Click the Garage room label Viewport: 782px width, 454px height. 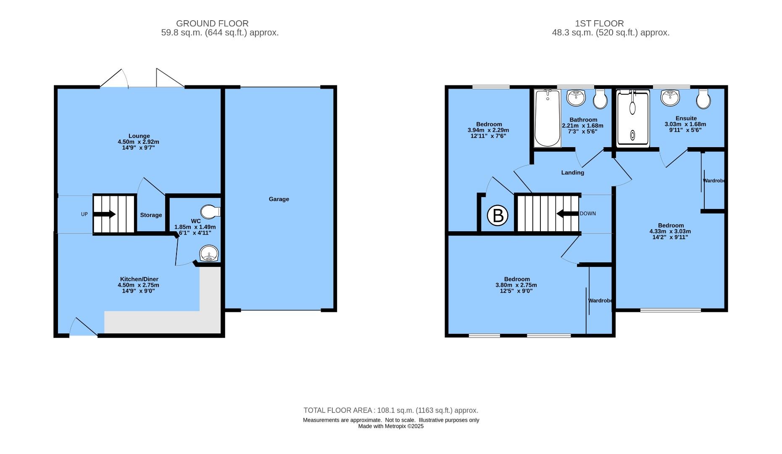(279, 199)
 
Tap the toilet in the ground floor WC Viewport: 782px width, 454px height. (210, 211)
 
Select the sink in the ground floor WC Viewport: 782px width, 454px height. (209, 254)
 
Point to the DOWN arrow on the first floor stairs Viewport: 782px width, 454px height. (567, 214)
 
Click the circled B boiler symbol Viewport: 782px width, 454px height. (498, 216)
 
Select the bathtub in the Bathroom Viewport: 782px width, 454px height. (547, 118)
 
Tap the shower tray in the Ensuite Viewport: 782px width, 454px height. (632, 119)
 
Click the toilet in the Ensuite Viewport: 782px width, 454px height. (703, 99)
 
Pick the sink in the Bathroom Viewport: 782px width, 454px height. (576, 98)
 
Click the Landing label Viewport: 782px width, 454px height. (572, 173)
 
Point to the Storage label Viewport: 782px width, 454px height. (151, 215)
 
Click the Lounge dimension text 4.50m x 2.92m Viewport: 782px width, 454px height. (139, 142)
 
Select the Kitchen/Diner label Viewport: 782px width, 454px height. (139, 279)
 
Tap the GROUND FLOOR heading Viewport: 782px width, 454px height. (212, 24)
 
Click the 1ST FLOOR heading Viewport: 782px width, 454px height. (599, 24)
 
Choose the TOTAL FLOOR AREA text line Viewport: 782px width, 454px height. (391, 410)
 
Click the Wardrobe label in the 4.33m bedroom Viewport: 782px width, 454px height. (714, 181)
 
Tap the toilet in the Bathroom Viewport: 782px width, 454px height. (600, 100)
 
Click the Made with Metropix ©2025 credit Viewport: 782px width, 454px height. (391, 426)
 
